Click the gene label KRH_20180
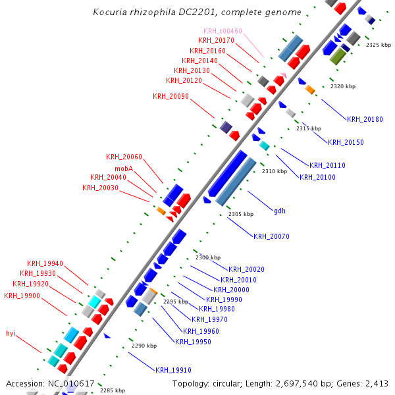coord(365,119)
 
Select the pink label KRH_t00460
coord(223,31)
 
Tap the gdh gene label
coord(280,211)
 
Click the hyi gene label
coord(11,333)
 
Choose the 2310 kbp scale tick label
coord(275,171)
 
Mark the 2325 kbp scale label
coord(378,45)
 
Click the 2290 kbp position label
coord(144,346)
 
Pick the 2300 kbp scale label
coord(208,257)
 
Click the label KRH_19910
coord(173,370)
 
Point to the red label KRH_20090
coord(171,96)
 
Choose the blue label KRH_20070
coord(271,236)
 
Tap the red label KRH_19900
coord(22,296)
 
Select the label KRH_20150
coord(346,142)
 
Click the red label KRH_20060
coord(124,157)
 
